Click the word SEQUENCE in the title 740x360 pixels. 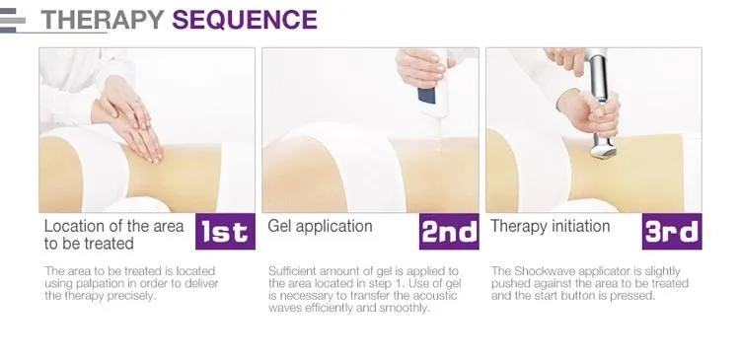click(245, 20)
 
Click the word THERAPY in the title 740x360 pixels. click(103, 20)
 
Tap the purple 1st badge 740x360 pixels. click(225, 231)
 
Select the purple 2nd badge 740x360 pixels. click(449, 231)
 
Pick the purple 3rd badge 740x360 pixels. click(672, 231)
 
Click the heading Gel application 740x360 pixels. click(320, 226)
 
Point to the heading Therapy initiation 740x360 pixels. click(551, 226)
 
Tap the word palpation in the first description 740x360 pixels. click(98, 284)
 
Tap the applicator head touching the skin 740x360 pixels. click(603, 147)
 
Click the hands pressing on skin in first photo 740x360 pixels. click(128, 118)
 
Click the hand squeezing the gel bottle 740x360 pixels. click(421, 68)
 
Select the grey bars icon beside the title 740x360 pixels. click(13, 21)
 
